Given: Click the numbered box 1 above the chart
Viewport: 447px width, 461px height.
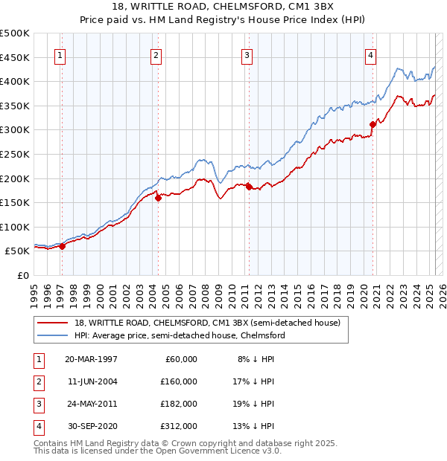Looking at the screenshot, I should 59,54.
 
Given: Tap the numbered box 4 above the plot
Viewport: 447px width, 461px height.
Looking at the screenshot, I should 370,54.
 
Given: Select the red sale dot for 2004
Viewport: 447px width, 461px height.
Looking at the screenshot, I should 158,198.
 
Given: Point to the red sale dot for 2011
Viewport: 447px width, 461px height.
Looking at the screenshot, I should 249,187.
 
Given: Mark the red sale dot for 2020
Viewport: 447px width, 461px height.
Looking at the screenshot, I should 372,124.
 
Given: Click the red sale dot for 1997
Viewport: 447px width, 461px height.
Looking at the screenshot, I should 63,247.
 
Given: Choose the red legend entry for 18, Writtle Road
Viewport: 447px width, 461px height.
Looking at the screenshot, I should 207,323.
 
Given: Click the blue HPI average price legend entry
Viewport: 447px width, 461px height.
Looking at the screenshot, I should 180,335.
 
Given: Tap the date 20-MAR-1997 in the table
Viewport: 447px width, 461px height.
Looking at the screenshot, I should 91,359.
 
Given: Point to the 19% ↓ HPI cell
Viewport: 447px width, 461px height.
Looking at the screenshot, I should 253,404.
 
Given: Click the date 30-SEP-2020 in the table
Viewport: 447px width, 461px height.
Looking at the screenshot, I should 91,426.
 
